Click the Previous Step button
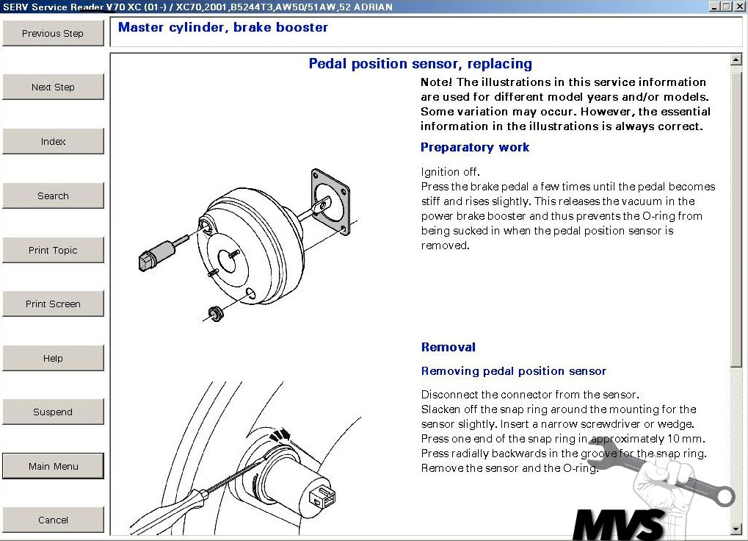(53, 33)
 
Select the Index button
(53, 141)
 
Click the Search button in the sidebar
(53, 196)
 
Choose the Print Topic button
(53, 250)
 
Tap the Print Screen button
(53, 304)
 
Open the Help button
(53, 358)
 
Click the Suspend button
(53, 412)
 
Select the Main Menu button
(53, 466)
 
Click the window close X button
(740, 7)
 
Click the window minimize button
(716, 7)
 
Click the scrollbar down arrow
(736, 529)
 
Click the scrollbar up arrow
(736, 60)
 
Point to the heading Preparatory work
(474, 147)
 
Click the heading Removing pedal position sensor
(513, 371)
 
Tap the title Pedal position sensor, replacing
(420, 64)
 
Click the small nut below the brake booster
(215, 314)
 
